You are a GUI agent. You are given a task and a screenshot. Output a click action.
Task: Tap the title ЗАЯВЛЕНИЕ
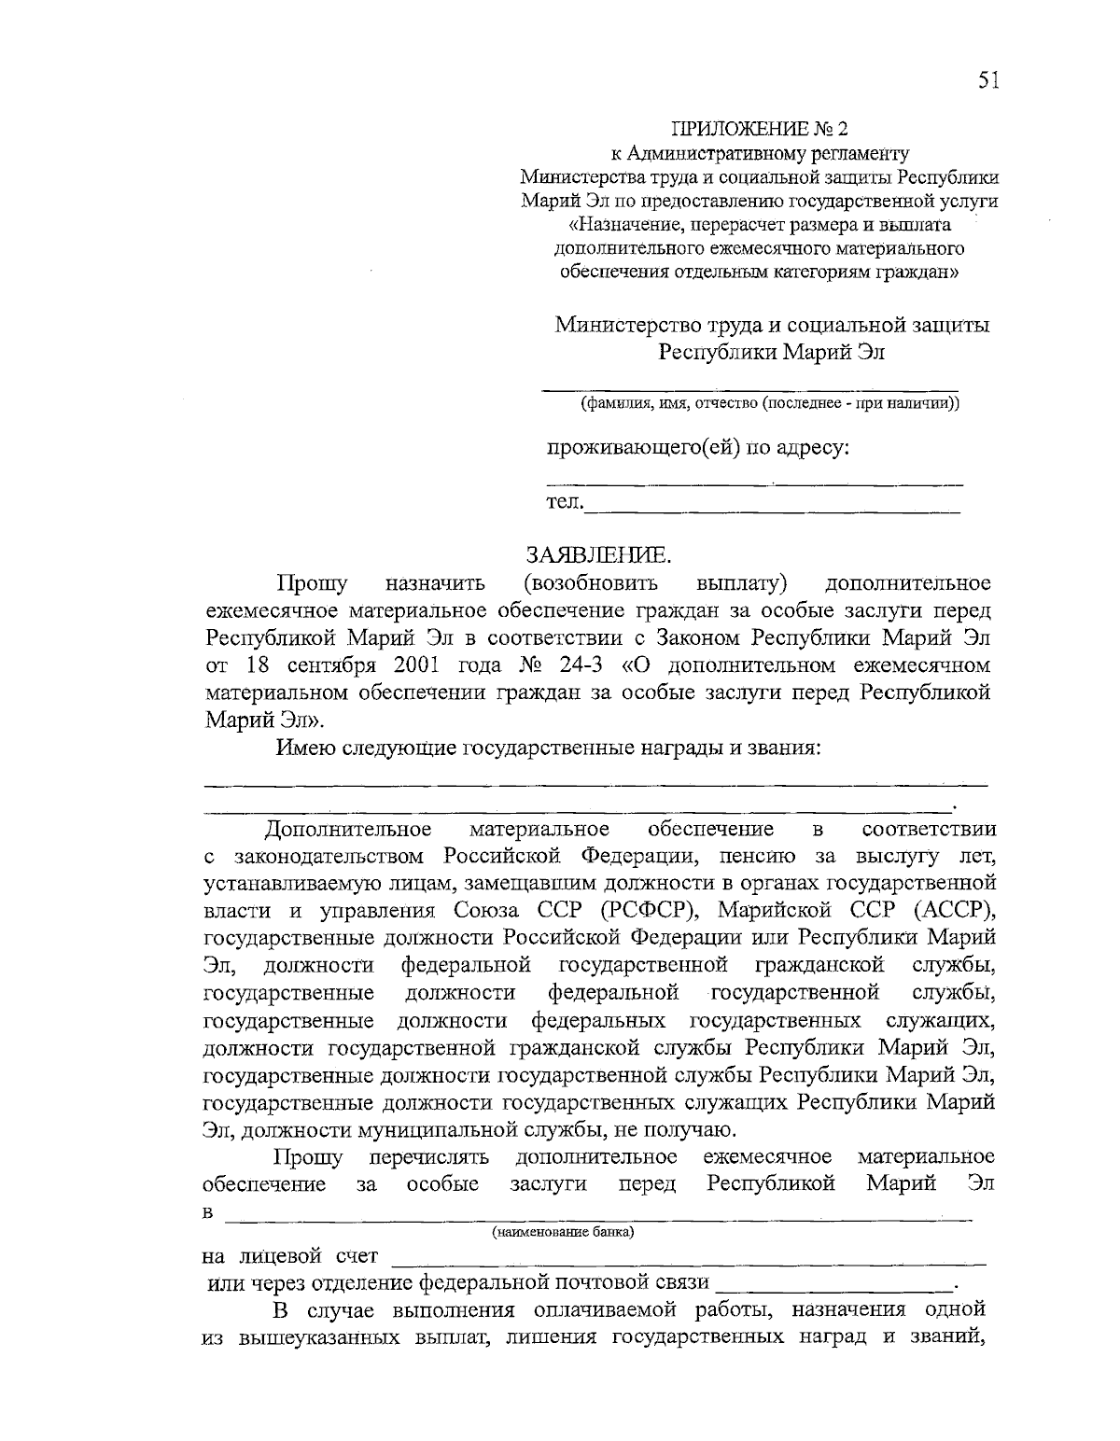[x=597, y=556]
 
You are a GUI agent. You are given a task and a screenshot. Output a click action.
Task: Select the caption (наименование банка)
[x=563, y=1233]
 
